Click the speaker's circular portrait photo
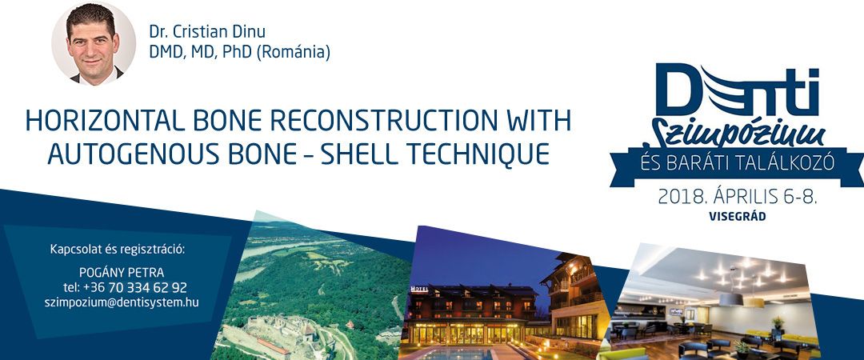94,43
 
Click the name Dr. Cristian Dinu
206,32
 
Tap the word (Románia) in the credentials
294,52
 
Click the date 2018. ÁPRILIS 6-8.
738,197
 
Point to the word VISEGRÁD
738,217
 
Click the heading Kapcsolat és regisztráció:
118,249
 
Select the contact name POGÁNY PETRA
122,273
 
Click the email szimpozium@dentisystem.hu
122,302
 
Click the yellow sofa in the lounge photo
782,338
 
